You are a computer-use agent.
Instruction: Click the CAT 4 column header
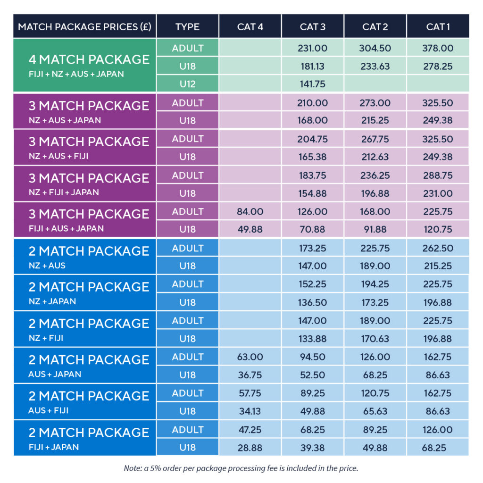(x=250, y=26)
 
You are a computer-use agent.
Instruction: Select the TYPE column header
(x=187, y=26)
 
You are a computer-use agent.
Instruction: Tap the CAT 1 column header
(x=438, y=26)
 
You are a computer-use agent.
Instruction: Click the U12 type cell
(x=187, y=84)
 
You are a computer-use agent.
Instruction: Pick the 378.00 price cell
(x=438, y=48)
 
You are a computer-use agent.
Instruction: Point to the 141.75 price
(x=312, y=84)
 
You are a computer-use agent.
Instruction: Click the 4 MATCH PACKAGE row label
(x=89, y=60)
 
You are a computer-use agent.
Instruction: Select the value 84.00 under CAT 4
(x=250, y=212)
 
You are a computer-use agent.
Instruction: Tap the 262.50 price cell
(x=438, y=248)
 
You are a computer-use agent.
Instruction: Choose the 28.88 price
(x=250, y=448)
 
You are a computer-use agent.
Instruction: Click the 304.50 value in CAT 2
(x=375, y=48)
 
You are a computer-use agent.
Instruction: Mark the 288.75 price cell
(x=438, y=175)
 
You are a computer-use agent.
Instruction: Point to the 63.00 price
(x=250, y=357)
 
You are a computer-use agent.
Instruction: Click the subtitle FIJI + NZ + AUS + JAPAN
(x=76, y=74)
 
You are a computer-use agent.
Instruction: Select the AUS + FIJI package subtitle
(x=48, y=410)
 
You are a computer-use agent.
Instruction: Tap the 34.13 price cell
(x=250, y=411)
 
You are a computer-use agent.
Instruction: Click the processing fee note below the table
(x=241, y=468)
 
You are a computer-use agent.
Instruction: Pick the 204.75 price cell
(x=312, y=139)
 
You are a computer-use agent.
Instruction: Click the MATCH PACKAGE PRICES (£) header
(x=84, y=26)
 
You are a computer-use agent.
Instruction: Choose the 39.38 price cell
(x=312, y=448)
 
